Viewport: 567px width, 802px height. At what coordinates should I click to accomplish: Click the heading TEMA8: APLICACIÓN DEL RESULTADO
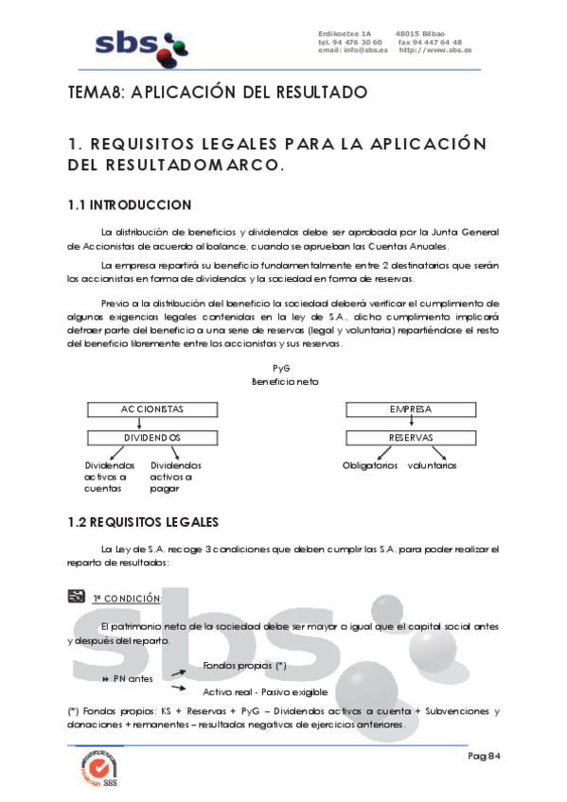(x=217, y=93)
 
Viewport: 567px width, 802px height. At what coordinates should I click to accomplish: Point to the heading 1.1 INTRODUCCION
(x=130, y=205)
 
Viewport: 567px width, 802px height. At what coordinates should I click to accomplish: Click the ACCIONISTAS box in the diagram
(x=151, y=410)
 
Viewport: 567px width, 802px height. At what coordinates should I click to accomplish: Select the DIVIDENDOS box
(x=151, y=438)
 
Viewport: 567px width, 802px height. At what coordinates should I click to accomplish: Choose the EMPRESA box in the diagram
(x=410, y=410)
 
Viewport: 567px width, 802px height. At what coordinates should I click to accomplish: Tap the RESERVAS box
(x=410, y=438)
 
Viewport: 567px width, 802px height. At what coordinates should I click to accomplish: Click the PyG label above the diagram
(x=280, y=368)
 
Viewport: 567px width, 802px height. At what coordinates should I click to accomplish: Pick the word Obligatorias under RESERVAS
(x=370, y=465)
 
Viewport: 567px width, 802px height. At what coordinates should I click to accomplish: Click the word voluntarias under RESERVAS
(x=432, y=465)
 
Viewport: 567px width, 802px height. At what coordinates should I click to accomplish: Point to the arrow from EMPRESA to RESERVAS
(x=410, y=424)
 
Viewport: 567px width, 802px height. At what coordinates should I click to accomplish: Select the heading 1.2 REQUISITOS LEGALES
(x=143, y=522)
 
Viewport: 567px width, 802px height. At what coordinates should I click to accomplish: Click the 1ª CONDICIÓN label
(x=127, y=599)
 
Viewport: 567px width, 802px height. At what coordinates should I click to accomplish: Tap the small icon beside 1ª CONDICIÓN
(x=78, y=596)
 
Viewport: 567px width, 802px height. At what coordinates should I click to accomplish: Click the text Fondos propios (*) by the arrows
(x=244, y=666)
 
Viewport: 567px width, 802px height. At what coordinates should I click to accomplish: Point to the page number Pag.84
(x=483, y=757)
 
